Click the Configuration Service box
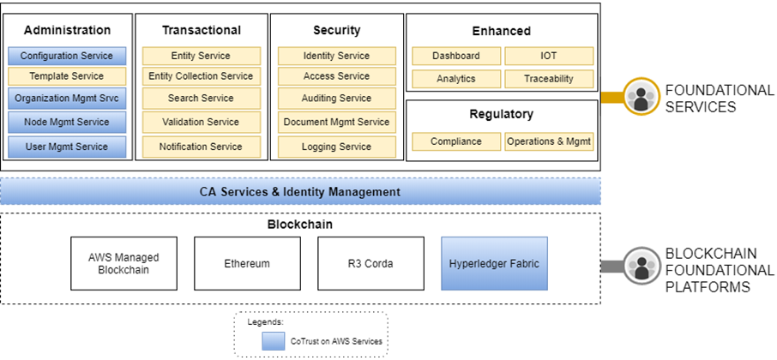coord(67,56)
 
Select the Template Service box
coord(67,76)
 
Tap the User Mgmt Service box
coord(67,147)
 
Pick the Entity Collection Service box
coord(201,76)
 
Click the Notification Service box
coord(201,147)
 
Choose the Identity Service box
coord(336,56)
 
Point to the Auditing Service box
coord(336,99)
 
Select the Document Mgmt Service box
coord(336,122)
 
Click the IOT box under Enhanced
coord(548,56)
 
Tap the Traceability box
coord(548,79)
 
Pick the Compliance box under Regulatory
coord(455,141)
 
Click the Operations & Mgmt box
coord(548,141)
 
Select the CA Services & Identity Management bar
coord(299,192)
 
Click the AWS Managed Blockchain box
coord(123,263)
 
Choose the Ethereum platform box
coord(247,263)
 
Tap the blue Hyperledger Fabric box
coord(494,263)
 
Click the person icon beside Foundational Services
coord(641,96)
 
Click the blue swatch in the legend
coord(274,341)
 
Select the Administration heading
coord(67,30)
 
